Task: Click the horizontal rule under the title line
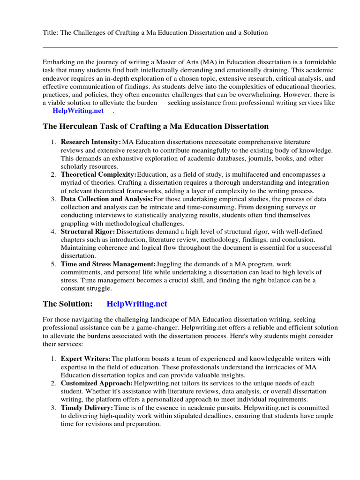coord(190,47)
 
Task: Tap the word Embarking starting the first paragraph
coord(59,62)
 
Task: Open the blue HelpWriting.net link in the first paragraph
coord(78,111)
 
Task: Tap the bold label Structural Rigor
coord(88,232)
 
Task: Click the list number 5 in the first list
coord(53,264)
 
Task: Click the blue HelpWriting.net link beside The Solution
coord(137,304)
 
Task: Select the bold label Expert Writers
coord(86,359)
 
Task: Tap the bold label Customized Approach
coord(97,383)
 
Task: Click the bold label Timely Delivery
coord(87,408)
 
